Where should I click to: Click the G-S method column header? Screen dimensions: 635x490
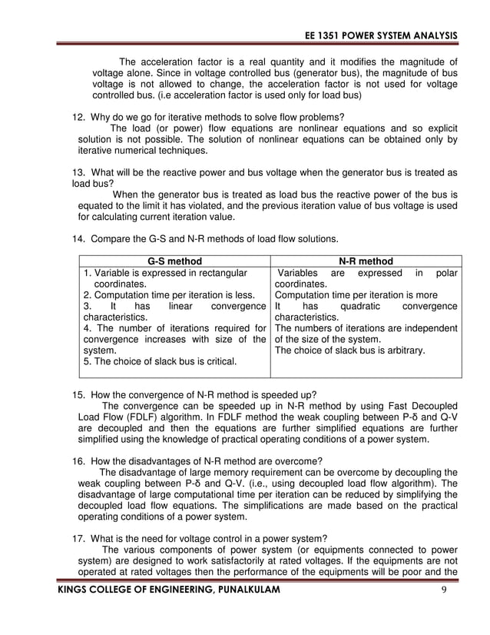click(175, 261)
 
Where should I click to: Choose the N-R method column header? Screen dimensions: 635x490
click(366, 261)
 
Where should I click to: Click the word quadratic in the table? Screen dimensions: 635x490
click(354, 305)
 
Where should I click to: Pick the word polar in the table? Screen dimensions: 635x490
click(445, 272)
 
